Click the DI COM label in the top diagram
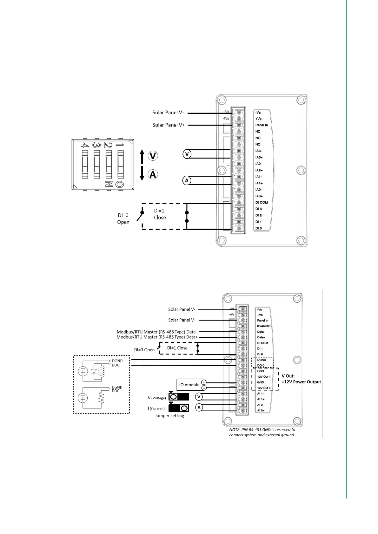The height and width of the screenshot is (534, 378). [262, 202]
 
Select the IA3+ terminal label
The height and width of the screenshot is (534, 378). [259, 157]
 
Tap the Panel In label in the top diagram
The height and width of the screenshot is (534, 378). [262, 125]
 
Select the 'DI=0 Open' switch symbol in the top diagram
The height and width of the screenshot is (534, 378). [140, 216]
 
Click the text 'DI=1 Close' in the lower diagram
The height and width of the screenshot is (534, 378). [177, 348]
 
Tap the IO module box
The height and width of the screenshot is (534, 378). [189, 385]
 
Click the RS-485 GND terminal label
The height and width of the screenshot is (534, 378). [263, 326]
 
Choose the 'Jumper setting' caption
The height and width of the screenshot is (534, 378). [169, 416]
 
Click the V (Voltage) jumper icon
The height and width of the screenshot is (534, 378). [179, 397]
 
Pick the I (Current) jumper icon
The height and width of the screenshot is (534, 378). [179, 408]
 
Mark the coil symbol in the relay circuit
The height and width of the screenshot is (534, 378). [102, 371]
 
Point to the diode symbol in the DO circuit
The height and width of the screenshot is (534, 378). [94, 371]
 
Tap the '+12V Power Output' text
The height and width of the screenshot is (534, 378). [301, 382]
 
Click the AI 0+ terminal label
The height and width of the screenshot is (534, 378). [261, 411]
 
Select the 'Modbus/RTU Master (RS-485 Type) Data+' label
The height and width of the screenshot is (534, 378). [157, 337]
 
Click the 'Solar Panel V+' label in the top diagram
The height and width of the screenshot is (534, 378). [169, 125]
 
